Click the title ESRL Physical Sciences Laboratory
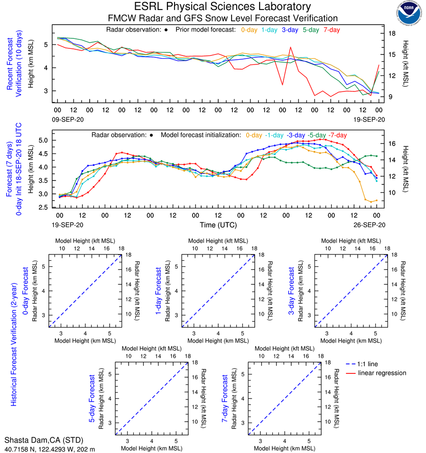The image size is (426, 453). [222, 7]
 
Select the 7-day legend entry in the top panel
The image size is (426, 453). [331, 30]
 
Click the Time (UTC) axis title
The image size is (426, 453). [218, 225]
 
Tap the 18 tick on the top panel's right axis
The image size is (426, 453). [392, 34]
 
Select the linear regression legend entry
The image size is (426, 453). [382, 373]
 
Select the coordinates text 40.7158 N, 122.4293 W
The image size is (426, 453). [42, 448]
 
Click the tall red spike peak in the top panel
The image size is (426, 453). [290, 47]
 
